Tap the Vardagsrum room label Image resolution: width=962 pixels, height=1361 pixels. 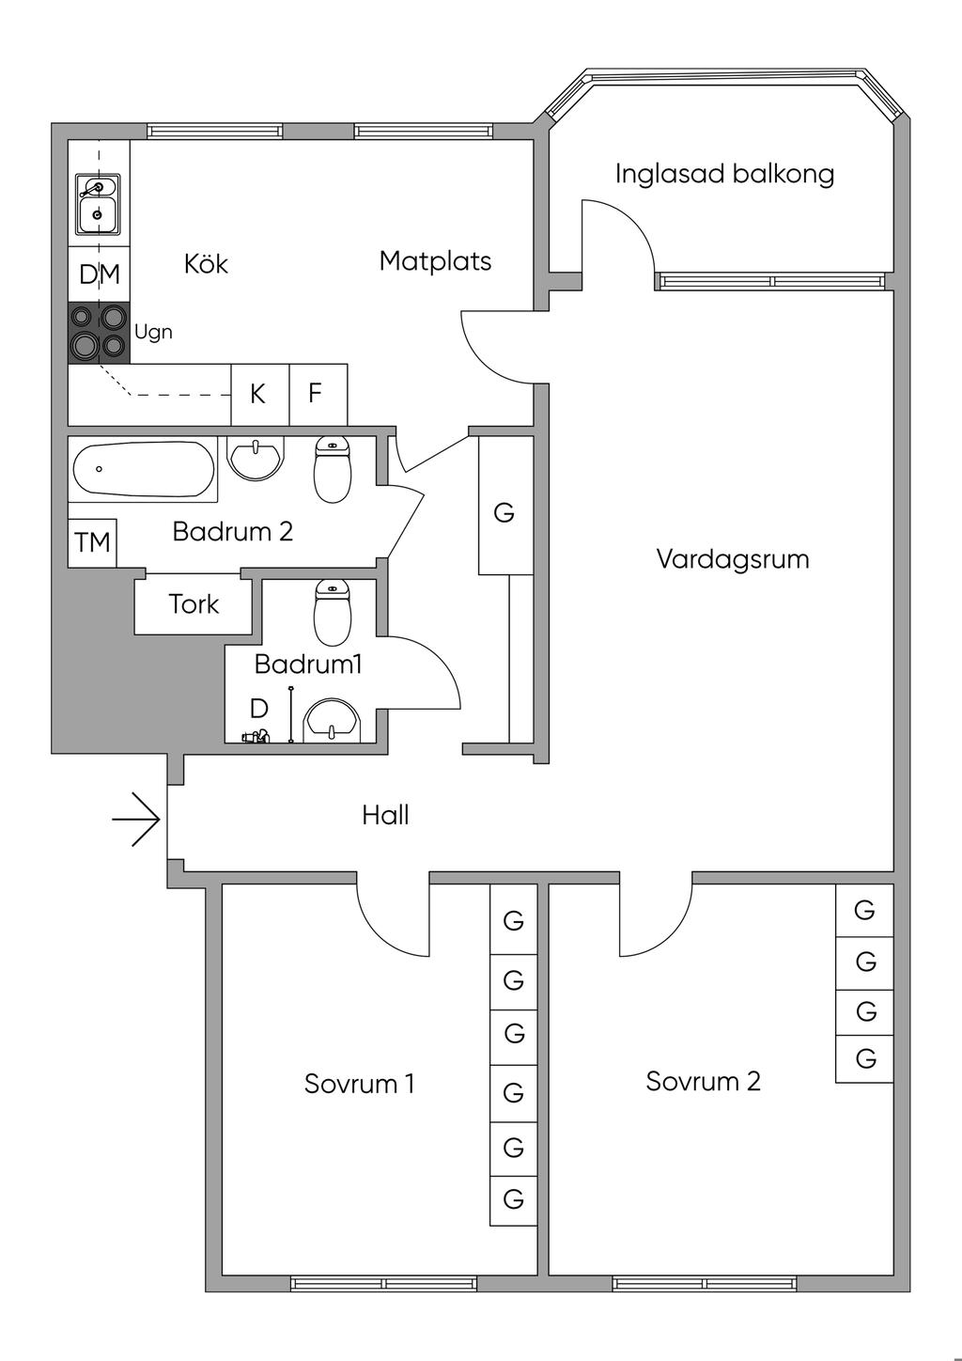click(732, 559)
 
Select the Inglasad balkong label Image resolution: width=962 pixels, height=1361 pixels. click(724, 174)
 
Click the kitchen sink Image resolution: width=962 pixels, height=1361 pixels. click(97, 204)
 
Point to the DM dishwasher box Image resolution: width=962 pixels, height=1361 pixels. click(100, 274)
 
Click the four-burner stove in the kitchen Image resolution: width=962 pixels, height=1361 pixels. click(99, 333)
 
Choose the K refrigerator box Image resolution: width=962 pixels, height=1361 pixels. click(257, 394)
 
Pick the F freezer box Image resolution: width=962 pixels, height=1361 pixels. click(316, 393)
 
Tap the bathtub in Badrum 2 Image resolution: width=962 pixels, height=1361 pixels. click(143, 468)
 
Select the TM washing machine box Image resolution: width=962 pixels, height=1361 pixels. click(92, 542)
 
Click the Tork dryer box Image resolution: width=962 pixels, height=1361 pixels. click(194, 604)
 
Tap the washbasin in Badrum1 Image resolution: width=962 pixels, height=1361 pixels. click(333, 719)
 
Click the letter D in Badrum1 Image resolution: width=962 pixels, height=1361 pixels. click(258, 709)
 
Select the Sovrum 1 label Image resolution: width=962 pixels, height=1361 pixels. click(359, 1084)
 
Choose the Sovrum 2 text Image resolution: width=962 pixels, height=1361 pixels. click(703, 1081)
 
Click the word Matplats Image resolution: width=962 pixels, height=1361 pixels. click(435, 260)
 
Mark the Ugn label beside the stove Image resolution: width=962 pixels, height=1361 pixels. click(153, 332)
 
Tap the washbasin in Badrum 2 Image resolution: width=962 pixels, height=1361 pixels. click(255, 458)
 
